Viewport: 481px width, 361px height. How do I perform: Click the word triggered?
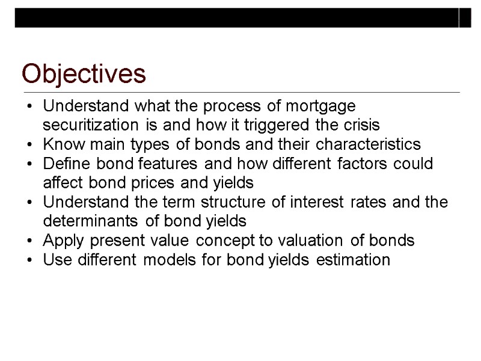tap(275, 126)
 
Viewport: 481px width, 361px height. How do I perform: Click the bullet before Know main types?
tap(30, 145)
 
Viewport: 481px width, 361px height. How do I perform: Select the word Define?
tap(63, 164)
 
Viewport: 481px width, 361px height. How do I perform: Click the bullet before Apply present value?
tap(30, 241)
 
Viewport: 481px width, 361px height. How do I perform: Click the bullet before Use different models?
tap(30, 260)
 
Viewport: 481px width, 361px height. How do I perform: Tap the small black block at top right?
tap(465, 18)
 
